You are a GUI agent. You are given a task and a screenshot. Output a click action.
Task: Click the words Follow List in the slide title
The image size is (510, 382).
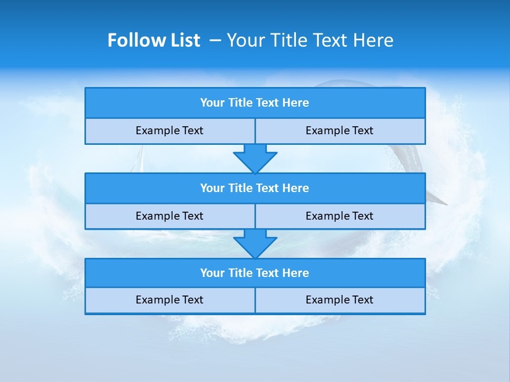pos(154,40)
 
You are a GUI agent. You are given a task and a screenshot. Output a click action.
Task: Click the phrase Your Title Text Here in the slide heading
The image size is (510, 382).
pos(310,40)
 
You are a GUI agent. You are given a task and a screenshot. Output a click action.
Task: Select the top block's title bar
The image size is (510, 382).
pos(255,103)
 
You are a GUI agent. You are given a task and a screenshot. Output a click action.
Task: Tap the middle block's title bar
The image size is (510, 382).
pos(255,188)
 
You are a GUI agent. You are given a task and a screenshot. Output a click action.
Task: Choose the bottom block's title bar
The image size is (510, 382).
pos(255,273)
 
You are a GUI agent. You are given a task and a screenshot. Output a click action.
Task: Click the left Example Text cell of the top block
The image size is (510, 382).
pos(169,131)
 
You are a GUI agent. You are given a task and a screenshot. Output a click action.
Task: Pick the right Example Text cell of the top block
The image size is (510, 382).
pos(340,131)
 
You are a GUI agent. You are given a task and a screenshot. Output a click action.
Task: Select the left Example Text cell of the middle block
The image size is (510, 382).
pos(169,216)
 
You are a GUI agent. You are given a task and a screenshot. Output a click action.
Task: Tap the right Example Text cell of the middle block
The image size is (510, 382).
pos(340,216)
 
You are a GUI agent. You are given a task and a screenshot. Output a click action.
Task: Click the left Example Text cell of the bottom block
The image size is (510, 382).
pos(169,300)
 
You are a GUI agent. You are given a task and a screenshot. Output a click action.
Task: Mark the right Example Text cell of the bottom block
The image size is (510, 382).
pos(340,300)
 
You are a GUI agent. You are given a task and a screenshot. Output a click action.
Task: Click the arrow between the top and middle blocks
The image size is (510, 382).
pos(255,158)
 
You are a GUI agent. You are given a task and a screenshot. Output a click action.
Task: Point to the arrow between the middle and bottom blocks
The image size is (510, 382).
pos(255,244)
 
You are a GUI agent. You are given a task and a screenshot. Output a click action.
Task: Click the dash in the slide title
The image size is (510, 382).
pos(216,40)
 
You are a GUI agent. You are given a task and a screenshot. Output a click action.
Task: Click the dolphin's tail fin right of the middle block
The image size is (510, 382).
pos(437,199)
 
